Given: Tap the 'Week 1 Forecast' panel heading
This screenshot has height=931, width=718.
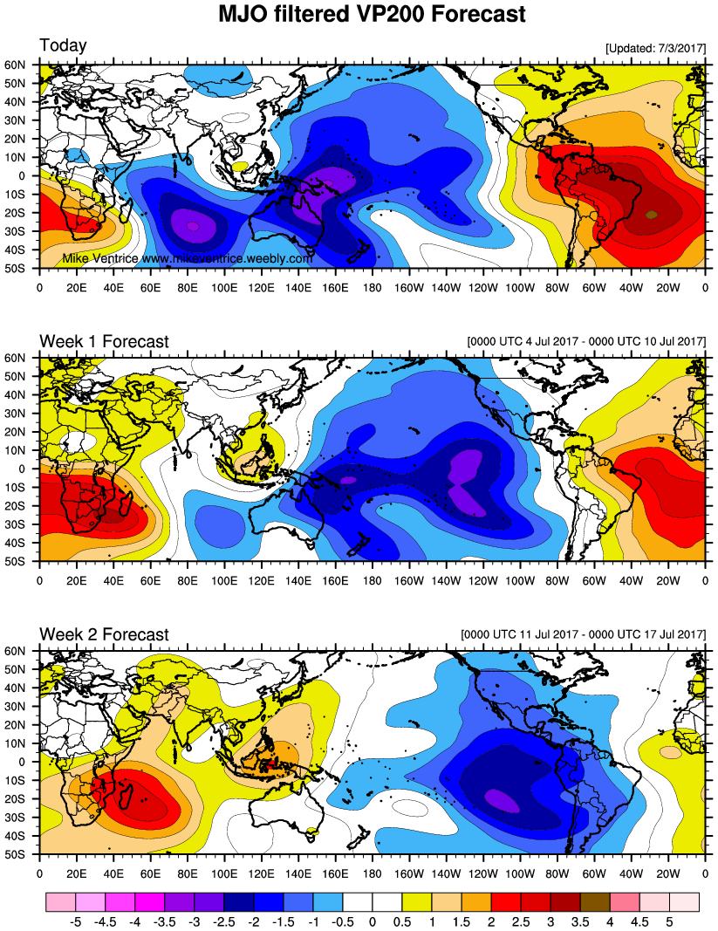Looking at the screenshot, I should pyautogui.click(x=104, y=341).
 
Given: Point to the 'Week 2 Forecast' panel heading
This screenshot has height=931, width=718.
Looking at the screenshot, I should pyautogui.click(x=104, y=634).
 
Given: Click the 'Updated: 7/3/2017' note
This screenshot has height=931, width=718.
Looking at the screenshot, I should pyautogui.click(x=654, y=49).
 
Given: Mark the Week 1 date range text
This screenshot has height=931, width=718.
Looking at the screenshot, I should pyautogui.click(x=586, y=340).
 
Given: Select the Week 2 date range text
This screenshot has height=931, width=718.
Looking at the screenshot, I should pyautogui.click(x=583, y=633).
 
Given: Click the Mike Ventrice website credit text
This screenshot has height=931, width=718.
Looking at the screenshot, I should pyautogui.click(x=188, y=259).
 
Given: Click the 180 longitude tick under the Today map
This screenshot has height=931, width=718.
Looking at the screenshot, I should pyautogui.click(x=372, y=284).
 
